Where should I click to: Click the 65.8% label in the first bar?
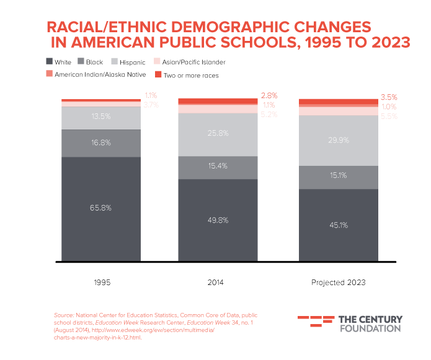click(x=100, y=208)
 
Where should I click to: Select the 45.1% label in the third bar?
click(x=338, y=225)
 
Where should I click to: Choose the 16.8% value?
click(x=100, y=143)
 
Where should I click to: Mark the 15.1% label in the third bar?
click(x=338, y=175)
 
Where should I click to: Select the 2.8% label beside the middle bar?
click(x=269, y=96)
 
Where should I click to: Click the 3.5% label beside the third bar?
click(x=389, y=97)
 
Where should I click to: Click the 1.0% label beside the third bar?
click(x=389, y=107)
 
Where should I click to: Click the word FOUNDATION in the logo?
click(x=370, y=328)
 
